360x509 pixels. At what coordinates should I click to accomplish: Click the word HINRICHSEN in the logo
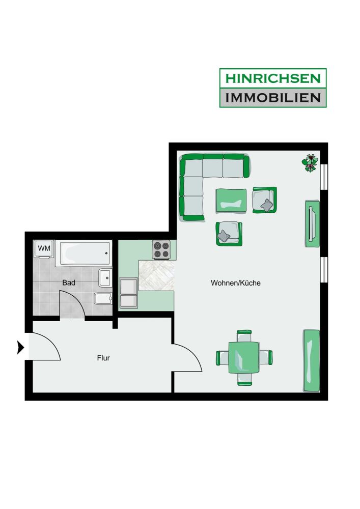[x=273, y=78]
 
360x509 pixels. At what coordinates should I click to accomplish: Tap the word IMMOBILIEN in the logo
[x=273, y=97]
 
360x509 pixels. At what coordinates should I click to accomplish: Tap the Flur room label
[x=103, y=358]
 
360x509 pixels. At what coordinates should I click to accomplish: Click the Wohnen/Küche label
[x=235, y=282]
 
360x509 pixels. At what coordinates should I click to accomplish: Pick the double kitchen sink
[x=128, y=293]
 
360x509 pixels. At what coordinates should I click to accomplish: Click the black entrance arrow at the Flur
[x=20, y=348]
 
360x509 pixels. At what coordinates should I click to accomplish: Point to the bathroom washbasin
[x=105, y=277]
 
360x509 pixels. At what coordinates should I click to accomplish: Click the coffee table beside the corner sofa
[x=231, y=201]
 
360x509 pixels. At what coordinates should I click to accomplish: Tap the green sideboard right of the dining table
[x=311, y=360]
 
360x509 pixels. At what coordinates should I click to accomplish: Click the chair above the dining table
[x=244, y=335]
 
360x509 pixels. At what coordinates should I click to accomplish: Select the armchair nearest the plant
[x=265, y=200]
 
